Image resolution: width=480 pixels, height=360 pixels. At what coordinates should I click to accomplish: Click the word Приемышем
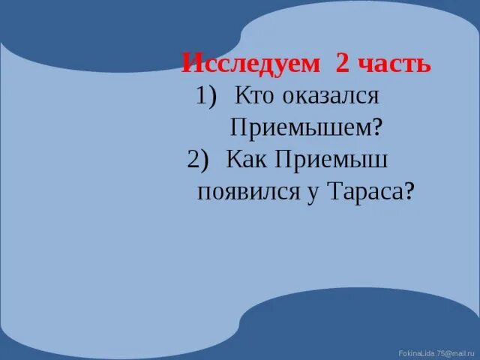tap(298, 127)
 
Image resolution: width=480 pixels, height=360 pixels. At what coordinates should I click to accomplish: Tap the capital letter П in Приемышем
tap(238, 127)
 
